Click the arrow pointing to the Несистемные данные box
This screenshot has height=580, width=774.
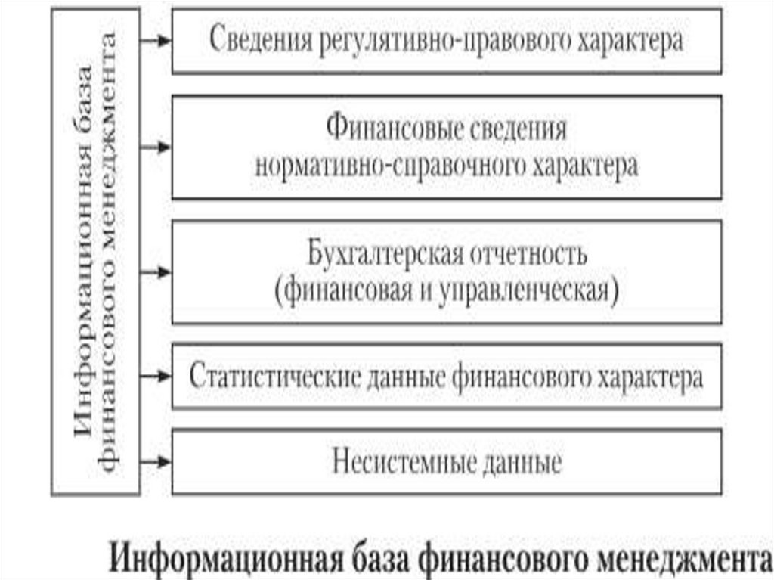click(156, 461)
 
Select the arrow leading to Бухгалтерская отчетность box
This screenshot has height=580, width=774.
click(156, 271)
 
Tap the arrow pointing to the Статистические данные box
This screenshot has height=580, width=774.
click(156, 374)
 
